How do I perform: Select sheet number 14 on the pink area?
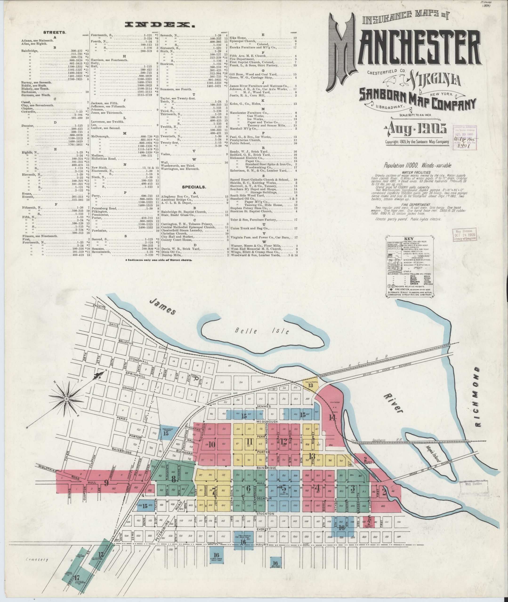click(x=333, y=418)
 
